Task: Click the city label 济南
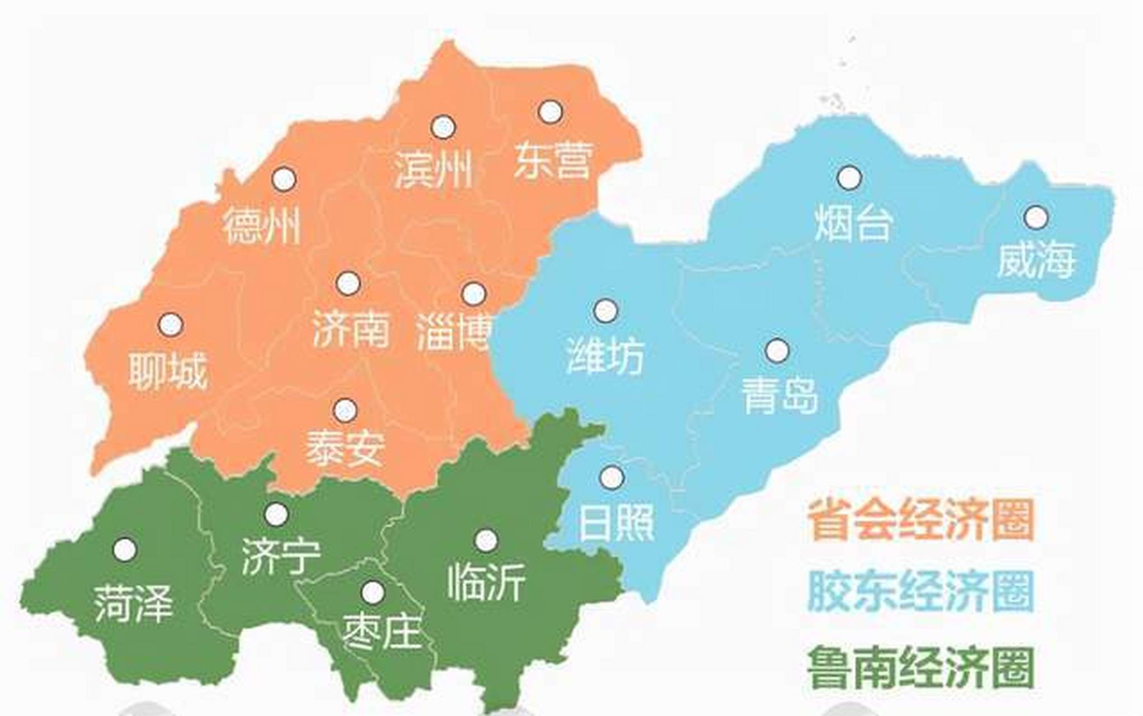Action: pos(351,329)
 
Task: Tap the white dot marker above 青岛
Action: pos(777,351)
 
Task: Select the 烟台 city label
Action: pos(852,223)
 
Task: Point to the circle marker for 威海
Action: pos(1036,217)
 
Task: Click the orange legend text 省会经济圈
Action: pos(920,520)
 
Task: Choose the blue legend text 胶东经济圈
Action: pos(920,592)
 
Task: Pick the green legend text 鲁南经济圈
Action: pos(920,667)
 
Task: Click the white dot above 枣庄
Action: pos(373,592)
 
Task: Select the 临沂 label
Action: pos(486,582)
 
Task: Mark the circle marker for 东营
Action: pos(550,112)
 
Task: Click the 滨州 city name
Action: pos(433,169)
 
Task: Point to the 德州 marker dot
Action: pos(284,179)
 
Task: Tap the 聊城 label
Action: pos(168,370)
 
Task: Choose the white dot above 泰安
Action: pos(345,411)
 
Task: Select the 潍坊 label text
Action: pos(605,355)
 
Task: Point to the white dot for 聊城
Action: pos(171,324)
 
